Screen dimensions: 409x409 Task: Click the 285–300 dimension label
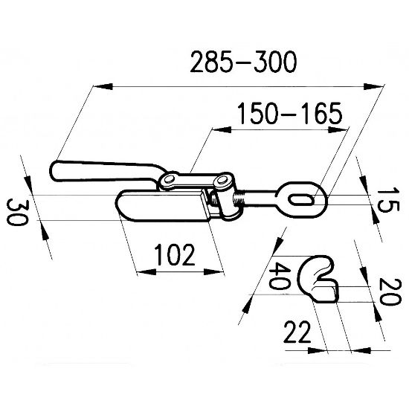pos(243,62)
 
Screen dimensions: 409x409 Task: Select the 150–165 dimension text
pos(290,113)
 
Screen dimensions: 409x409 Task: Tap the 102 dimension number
pos(175,254)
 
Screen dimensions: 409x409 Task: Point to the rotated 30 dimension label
pos(16,212)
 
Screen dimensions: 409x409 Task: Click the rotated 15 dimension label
pos(388,199)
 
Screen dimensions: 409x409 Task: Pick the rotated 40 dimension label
pos(279,276)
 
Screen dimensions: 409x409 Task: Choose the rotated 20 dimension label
pos(390,292)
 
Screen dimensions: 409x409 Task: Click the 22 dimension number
pos(297,332)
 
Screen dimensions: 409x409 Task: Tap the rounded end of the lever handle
pos(55,171)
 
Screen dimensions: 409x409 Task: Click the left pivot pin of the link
pos(169,179)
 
